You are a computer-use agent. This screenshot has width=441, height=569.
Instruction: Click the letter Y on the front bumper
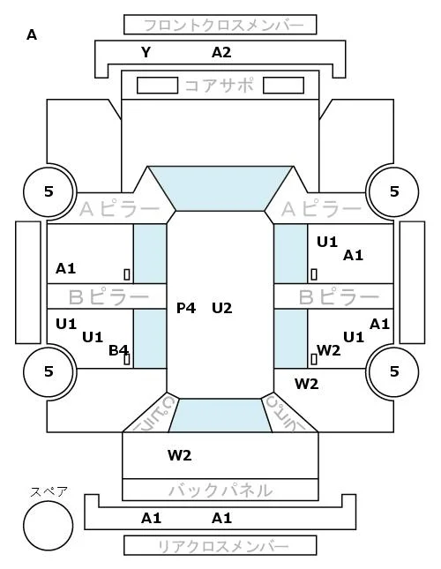pos(146,53)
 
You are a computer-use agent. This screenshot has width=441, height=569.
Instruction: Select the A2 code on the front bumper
pos(221,53)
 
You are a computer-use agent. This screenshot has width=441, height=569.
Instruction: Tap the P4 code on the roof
pos(186,308)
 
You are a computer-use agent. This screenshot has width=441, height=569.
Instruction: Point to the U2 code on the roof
pos(222,308)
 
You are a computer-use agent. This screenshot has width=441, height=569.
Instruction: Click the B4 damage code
pos(118,350)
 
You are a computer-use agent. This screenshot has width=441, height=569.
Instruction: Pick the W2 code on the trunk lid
pos(180,455)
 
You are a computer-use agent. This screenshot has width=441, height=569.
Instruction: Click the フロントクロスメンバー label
pos(223,26)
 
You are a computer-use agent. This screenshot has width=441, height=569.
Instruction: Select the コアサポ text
pos(220,86)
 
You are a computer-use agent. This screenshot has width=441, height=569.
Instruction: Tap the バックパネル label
pos(220,490)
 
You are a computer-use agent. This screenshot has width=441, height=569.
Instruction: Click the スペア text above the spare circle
pos(49,491)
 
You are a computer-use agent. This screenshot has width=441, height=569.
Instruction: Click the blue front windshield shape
pos(220,188)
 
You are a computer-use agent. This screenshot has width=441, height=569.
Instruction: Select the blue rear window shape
pos(220,416)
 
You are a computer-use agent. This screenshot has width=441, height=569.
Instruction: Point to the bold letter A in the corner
pos(32,35)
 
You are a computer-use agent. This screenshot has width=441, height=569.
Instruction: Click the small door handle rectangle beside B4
pos(127,359)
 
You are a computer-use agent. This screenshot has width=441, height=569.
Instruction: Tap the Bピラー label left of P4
pos(108,297)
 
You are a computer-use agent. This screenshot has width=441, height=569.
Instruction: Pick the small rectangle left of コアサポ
pos(157,86)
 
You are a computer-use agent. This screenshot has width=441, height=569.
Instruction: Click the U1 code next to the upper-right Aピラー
pos(327,242)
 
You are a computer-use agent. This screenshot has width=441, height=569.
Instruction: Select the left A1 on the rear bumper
pos(151,518)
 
